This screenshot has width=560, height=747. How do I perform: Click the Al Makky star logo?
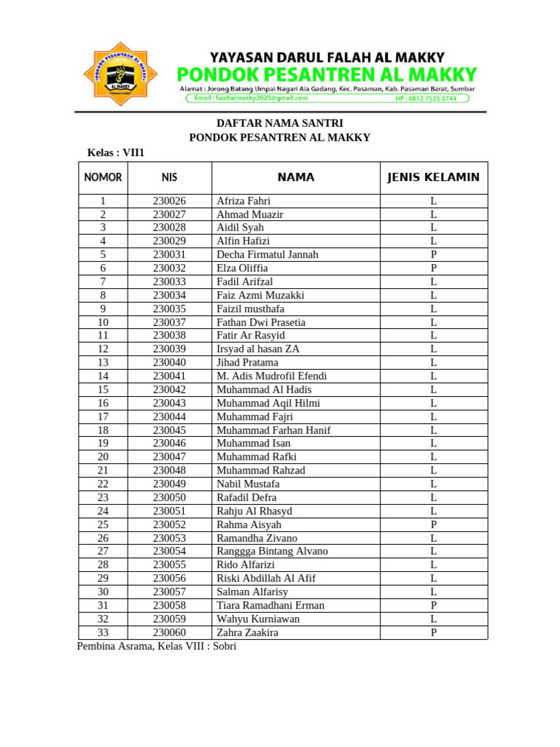point(122,74)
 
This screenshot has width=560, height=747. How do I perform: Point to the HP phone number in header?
point(426,98)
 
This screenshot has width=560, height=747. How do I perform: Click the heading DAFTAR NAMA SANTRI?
point(280,123)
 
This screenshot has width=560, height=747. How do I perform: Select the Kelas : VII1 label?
point(116,152)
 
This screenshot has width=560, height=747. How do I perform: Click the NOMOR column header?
point(103,177)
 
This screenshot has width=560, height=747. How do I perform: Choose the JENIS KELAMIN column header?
point(433,177)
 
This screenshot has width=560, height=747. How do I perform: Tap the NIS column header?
point(169,177)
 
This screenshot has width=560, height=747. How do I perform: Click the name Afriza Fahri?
point(244,201)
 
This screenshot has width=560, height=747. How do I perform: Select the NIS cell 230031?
point(169,255)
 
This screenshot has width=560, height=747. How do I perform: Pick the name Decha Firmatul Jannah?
point(267,255)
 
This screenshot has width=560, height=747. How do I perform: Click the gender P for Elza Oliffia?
point(433,268)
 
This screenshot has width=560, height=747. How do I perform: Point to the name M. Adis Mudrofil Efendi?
point(271,376)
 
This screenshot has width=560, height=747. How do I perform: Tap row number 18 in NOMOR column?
point(103,430)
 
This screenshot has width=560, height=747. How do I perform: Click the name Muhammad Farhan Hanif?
point(273,430)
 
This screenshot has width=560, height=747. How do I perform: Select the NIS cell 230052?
point(169,525)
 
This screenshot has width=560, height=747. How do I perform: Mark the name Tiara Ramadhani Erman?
point(270,605)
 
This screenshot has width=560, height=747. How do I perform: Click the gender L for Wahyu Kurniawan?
point(433,619)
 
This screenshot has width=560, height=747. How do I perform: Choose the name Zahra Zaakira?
point(247,632)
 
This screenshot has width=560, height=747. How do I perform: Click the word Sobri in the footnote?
point(225,646)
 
